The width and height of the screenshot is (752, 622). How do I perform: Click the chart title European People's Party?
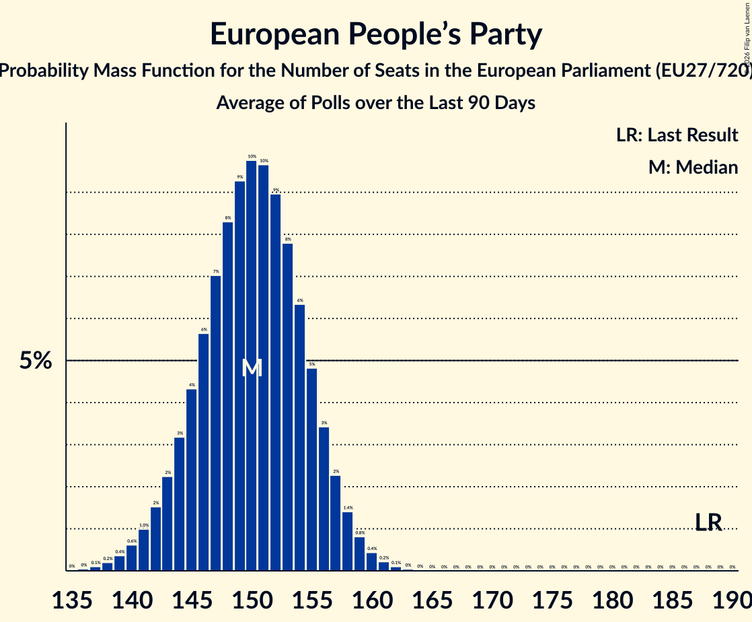tap(375, 35)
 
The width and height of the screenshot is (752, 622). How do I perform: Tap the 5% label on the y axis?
tap(36, 361)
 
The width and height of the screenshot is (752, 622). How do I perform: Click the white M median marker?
tap(252, 368)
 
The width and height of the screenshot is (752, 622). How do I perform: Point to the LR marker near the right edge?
tap(708, 522)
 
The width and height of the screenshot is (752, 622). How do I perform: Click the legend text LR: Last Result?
tap(677, 135)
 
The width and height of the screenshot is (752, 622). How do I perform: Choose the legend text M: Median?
tap(693, 167)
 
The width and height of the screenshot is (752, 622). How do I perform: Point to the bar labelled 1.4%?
tap(348, 541)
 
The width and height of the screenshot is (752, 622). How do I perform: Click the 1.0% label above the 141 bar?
tap(144, 525)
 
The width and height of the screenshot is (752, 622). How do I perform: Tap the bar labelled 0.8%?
tap(360, 554)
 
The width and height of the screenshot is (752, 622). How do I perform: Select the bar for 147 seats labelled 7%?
tap(216, 423)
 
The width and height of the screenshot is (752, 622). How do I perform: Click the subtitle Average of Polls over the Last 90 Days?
tap(375, 103)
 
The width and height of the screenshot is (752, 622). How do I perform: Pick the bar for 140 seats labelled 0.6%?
tap(132, 558)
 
